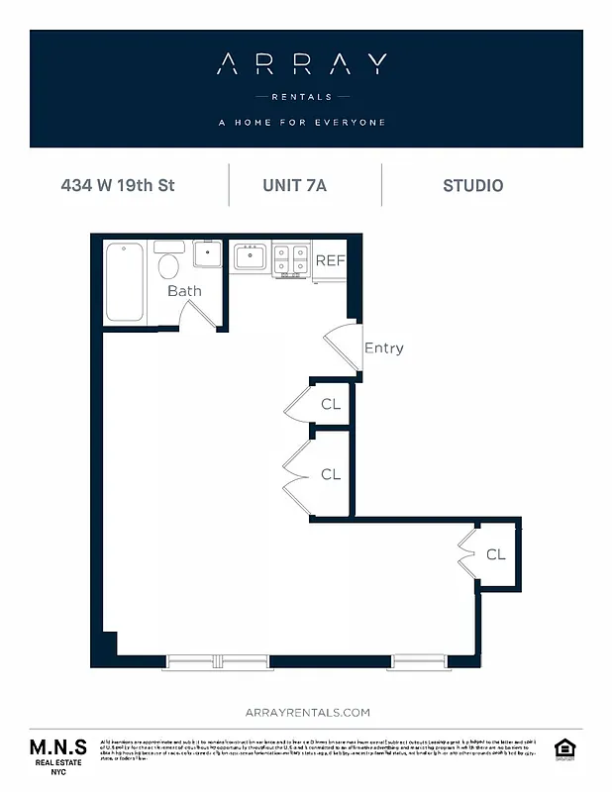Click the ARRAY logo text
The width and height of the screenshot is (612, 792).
(x=301, y=65)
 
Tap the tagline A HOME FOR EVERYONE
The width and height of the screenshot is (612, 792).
(x=301, y=123)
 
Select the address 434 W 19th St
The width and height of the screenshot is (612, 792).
(x=118, y=185)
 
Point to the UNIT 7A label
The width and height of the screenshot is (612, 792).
(x=294, y=185)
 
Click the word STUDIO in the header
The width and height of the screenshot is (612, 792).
(x=472, y=185)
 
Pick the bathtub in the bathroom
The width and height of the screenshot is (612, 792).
(x=125, y=281)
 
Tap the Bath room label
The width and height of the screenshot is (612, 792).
(x=184, y=291)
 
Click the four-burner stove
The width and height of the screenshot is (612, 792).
(x=291, y=259)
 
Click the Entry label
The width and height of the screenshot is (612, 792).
(x=384, y=347)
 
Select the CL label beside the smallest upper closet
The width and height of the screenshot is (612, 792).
(x=331, y=404)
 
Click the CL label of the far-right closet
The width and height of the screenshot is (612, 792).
(x=496, y=554)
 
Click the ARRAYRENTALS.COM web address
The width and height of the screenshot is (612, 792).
(x=306, y=712)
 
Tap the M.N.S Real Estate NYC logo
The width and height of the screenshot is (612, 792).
(x=57, y=754)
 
